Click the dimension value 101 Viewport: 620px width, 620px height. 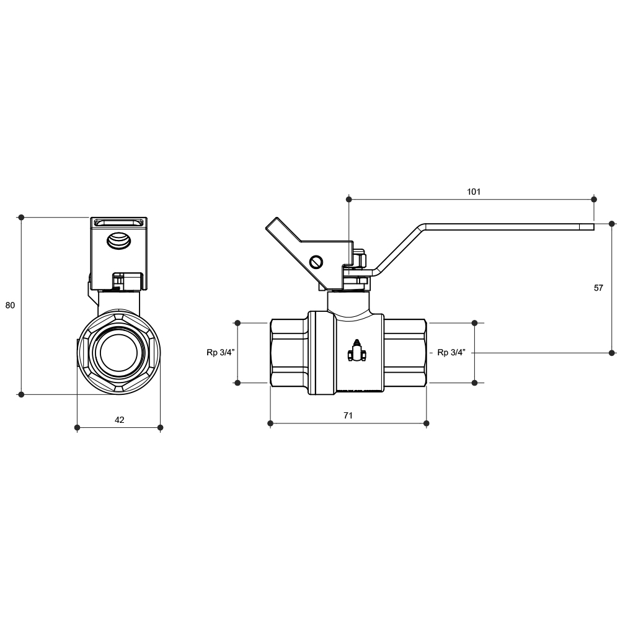click(x=473, y=192)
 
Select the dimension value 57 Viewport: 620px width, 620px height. click(x=598, y=288)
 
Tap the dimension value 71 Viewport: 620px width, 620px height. click(x=348, y=415)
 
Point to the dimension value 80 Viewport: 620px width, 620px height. click(x=10, y=305)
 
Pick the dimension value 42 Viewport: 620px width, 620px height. click(x=120, y=420)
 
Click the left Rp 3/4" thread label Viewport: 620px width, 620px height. click(x=221, y=352)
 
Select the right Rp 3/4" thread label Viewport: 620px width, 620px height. click(x=451, y=352)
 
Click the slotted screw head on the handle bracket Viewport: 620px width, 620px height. click(x=316, y=262)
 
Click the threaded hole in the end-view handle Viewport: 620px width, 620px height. click(x=118, y=241)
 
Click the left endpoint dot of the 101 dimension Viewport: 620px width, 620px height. click(x=348, y=199)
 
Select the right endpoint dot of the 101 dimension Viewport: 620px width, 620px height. click(x=594, y=199)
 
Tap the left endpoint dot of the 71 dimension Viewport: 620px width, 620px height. click(x=270, y=423)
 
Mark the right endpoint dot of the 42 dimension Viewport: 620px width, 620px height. click(x=160, y=427)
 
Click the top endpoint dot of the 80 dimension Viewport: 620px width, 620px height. click(x=21, y=218)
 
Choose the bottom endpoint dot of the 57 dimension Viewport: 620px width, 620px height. click(x=612, y=353)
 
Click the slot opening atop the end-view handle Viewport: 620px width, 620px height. click(x=119, y=223)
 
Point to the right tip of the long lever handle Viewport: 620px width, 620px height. click(x=594, y=226)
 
